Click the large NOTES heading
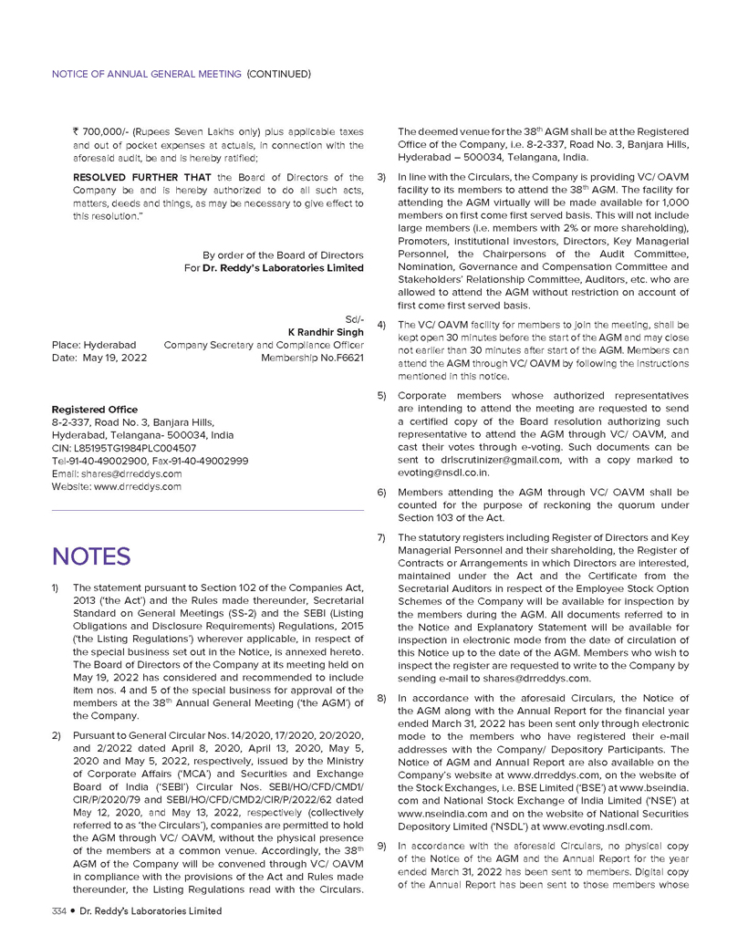click(x=91, y=556)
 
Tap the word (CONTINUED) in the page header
click(x=279, y=73)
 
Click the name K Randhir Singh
click(x=327, y=332)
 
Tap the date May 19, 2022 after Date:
click(x=116, y=359)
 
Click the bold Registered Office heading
click(x=95, y=410)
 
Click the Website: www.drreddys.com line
click(x=117, y=487)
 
